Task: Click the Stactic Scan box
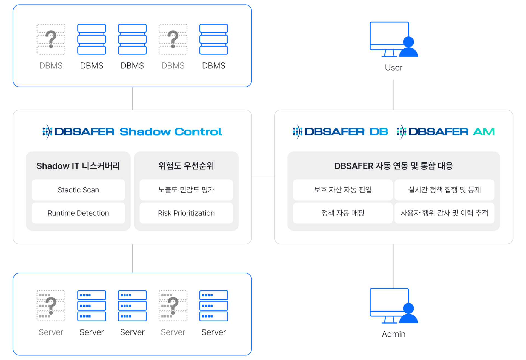78,190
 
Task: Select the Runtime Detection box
78,213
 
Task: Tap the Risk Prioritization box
186,213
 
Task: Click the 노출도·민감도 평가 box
186,190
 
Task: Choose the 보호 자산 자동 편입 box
343,190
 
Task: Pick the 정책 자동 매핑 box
343,213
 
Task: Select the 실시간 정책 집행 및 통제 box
444,190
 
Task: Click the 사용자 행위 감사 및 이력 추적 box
444,213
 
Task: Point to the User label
394,68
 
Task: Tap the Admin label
394,334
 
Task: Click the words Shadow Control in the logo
171,132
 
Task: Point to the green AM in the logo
484,132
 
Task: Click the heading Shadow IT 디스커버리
78,166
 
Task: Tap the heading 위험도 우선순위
186,166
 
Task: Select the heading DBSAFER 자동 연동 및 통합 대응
394,166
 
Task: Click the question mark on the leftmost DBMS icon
51,39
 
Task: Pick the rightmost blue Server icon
214,306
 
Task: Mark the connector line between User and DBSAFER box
394,95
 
